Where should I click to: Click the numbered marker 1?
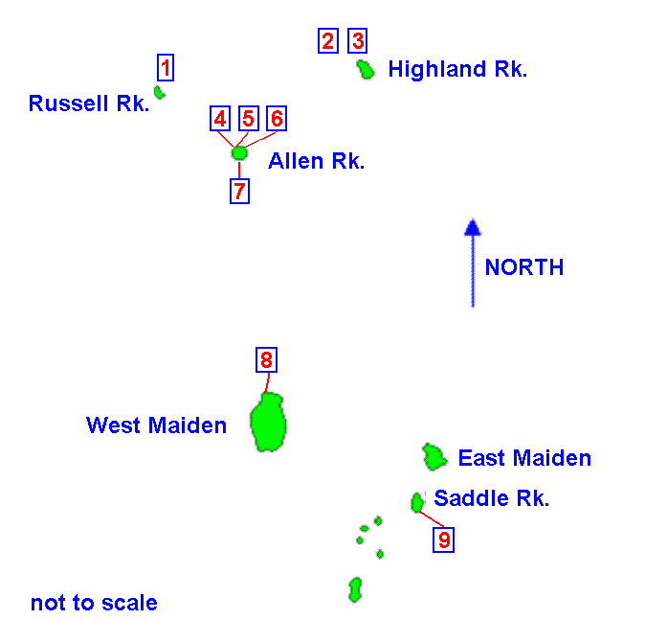click(x=166, y=68)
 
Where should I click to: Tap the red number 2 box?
click(x=328, y=40)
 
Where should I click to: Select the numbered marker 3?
click(x=357, y=40)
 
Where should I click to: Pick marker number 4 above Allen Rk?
click(x=220, y=118)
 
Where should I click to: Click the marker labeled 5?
click(x=248, y=118)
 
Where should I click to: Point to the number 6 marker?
click(x=276, y=118)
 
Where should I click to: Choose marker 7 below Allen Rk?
click(x=239, y=191)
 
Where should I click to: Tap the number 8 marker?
click(x=266, y=360)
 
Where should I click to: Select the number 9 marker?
click(x=443, y=540)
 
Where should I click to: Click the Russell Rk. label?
click(x=89, y=103)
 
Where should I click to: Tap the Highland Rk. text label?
click(x=457, y=69)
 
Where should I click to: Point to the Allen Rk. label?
click(x=316, y=161)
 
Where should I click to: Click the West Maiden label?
click(x=156, y=425)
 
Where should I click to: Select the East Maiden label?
click(x=524, y=458)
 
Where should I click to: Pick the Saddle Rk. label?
click(x=492, y=498)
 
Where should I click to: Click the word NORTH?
click(x=523, y=267)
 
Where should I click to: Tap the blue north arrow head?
click(x=472, y=227)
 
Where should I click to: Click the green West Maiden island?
click(x=269, y=422)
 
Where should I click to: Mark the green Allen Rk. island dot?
click(x=239, y=152)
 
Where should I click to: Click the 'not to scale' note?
click(x=94, y=603)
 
